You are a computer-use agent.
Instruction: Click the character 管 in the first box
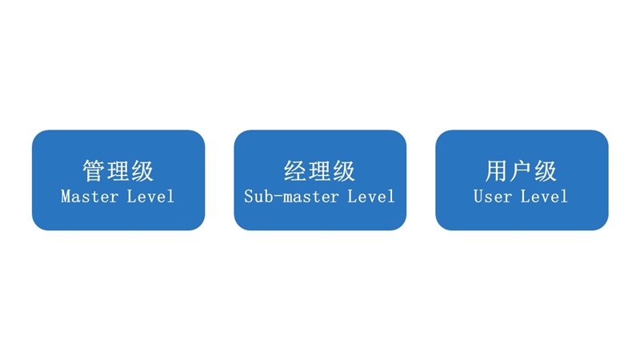[x=94, y=170]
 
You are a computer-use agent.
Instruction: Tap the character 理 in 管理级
[x=118, y=170]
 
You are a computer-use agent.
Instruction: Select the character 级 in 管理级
[x=142, y=170]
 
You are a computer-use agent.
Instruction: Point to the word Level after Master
[x=150, y=197]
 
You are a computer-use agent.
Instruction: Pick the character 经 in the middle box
[x=295, y=170]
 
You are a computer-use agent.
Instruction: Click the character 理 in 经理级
[x=319, y=170]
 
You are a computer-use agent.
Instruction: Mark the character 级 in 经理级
[x=344, y=170]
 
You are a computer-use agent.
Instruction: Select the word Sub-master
[x=291, y=197]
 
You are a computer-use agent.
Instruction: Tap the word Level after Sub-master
[x=371, y=197]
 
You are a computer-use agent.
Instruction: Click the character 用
[x=496, y=170]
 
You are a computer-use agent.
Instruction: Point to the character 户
[x=521, y=170]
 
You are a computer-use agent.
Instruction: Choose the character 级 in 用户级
[x=545, y=170]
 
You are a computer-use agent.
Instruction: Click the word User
[x=493, y=197]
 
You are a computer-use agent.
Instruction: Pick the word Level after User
[x=544, y=197]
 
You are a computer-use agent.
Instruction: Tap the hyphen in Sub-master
[x=278, y=198]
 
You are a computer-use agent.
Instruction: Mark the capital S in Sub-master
[x=249, y=197]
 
